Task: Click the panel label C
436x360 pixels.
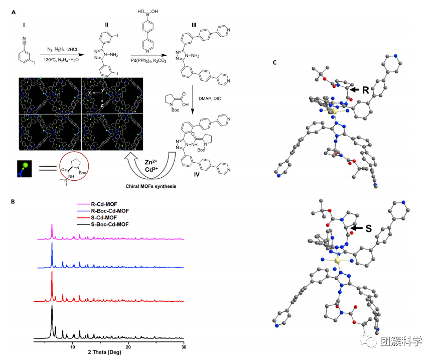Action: point(274,63)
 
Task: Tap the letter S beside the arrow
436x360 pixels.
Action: point(368,228)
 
